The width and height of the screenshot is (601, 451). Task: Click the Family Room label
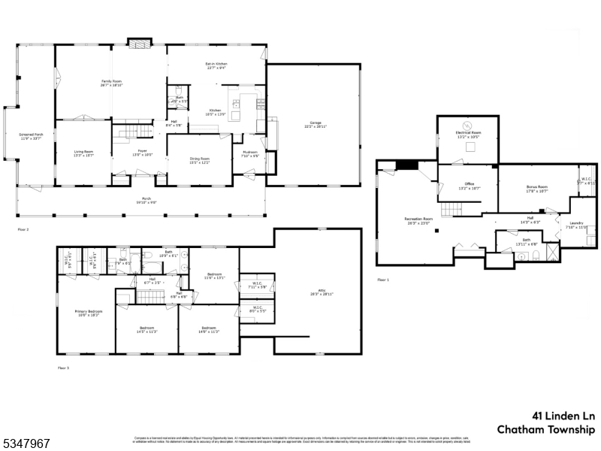click(112, 83)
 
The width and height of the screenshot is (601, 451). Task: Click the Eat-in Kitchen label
click(216, 65)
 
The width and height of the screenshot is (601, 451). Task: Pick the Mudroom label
click(250, 154)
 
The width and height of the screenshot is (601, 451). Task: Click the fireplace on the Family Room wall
click(137, 43)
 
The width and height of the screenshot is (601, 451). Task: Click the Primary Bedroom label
click(86, 312)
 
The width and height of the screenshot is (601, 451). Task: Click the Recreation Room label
click(417, 220)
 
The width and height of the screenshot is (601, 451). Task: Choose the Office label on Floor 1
click(468, 186)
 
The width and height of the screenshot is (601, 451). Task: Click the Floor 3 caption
click(63, 368)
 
